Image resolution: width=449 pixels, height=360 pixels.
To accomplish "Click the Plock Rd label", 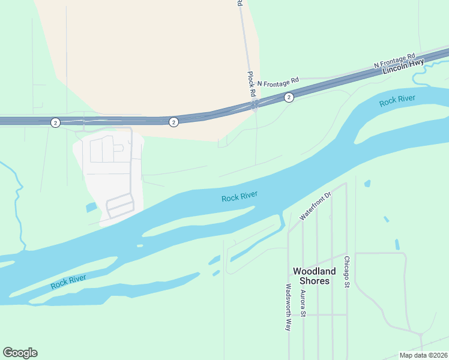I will pos(252,84).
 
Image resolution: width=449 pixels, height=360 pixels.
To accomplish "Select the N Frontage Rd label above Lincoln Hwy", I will pos(394,59).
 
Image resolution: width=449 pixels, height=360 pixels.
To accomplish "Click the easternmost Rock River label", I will pos(397,100).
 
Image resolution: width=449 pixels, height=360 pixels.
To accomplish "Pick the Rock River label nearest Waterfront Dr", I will pos(240,196).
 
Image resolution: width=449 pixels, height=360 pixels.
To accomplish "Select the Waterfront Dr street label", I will pos(316,206).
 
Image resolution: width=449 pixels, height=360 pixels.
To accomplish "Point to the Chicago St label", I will pos(346,272).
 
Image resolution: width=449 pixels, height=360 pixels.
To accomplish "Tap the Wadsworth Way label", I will pos(289,307).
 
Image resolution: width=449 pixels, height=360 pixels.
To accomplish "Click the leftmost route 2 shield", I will pos(55,122).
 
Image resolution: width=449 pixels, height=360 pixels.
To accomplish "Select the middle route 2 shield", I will pos(173,122).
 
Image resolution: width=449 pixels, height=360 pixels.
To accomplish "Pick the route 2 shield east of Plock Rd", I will pos(289,97).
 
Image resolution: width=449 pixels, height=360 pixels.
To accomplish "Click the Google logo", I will pos(20,353).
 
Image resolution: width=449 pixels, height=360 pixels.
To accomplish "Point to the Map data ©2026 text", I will pos(424,355).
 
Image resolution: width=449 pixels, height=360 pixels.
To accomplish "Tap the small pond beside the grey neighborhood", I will pos(91,208).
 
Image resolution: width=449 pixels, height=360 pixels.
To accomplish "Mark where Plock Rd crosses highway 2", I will pos(255,105).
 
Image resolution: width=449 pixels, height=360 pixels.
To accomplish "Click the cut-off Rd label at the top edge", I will pos(240,3).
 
